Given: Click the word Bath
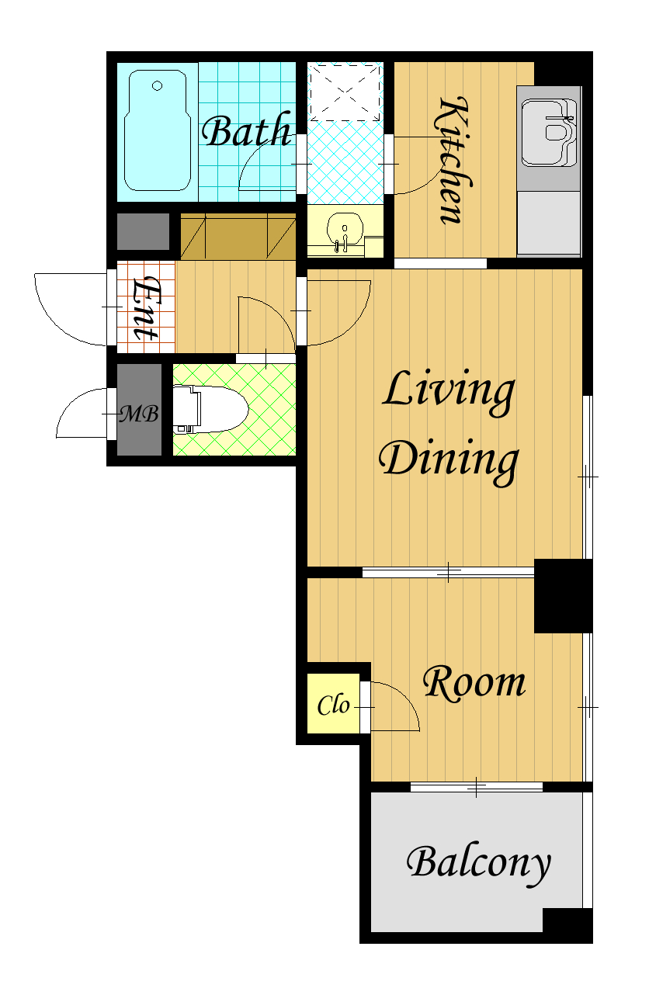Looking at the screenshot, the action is click(247, 130).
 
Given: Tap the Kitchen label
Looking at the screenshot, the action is click(453, 160).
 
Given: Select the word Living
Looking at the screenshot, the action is click(449, 393).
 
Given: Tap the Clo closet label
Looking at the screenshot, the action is click(333, 705).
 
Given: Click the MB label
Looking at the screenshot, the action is click(139, 414).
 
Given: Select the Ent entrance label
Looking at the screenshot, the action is click(145, 308).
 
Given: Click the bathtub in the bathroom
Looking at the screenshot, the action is click(158, 130).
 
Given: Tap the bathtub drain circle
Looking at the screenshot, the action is click(158, 85).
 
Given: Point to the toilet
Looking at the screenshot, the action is click(210, 409).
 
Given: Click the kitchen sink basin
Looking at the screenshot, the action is click(549, 133).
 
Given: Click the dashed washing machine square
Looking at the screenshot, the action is click(345, 92).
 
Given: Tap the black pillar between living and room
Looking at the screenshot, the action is click(563, 595).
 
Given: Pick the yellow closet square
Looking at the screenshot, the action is click(333, 704).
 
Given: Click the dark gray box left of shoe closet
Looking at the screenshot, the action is click(143, 231).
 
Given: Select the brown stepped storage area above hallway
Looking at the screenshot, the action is click(238, 236).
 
